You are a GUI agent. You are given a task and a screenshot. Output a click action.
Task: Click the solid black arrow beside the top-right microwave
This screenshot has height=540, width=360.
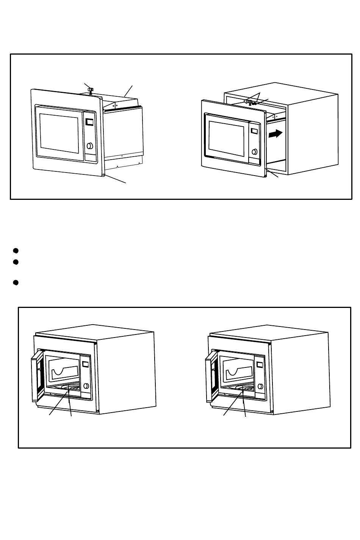pyautogui.click(x=275, y=134)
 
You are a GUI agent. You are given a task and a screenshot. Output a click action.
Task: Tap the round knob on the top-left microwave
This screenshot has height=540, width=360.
pyautogui.click(x=90, y=146)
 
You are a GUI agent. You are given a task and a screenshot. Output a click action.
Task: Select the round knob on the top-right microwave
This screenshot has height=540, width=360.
pyautogui.click(x=254, y=152)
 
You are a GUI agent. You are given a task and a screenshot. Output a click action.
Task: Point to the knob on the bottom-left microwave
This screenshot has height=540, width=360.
pyautogui.click(x=86, y=386)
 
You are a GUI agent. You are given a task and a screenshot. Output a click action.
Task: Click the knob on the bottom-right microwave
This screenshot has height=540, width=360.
pyautogui.click(x=260, y=386)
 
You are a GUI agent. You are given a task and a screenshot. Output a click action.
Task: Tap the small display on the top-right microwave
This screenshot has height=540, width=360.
pyautogui.click(x=254, y=131)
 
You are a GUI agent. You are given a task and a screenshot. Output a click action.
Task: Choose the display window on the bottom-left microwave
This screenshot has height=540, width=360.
pyautogui.click(x=85, y=364)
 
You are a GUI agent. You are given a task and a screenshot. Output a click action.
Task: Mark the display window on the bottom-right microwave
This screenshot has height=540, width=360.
pyautogui.click(x=260, y=365)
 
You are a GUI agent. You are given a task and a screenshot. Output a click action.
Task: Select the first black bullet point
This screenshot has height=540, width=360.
pyautogui.click(x=16, y=251)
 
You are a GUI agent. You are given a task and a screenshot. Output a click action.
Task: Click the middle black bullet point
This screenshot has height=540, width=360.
pyautogui.click(x=16, y=262)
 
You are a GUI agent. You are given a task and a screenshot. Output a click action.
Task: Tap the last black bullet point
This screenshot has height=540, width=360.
pyautogui.click(x=16, y=283)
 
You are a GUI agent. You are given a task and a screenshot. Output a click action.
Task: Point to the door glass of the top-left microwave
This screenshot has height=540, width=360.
pyautogui.click(x=59, y=133)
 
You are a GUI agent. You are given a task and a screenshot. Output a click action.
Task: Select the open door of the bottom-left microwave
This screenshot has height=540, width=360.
pyautogui.click(x=37, y=375)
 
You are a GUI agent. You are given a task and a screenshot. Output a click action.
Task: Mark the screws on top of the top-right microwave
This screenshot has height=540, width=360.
pyautogui.click(x=251, y=102)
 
